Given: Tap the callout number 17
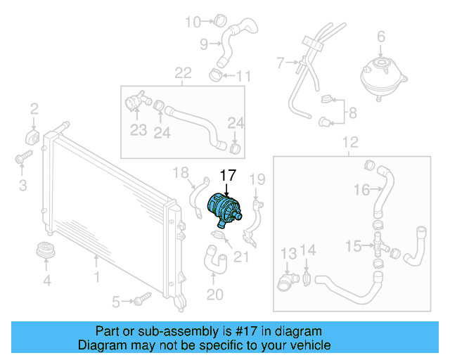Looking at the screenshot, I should (230, 176).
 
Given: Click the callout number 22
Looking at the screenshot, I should (183, 74).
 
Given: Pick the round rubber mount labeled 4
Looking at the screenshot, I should (47, 252).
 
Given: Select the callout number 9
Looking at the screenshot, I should (204, 45).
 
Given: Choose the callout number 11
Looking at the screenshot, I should (243, 76).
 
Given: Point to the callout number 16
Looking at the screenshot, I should (361, 189).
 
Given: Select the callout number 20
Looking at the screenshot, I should (214, 294).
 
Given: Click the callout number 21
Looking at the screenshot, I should (241, 257).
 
